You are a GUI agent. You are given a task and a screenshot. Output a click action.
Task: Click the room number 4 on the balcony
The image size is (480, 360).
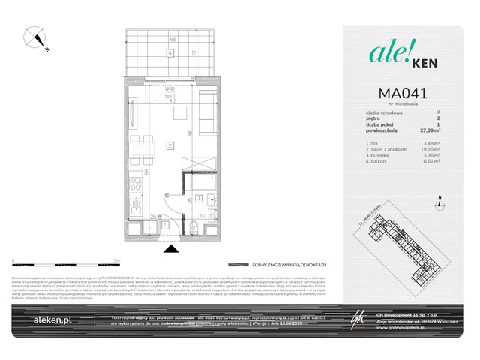click(x=170, y=52)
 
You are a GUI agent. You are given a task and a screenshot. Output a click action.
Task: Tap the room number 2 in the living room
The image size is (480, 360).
click(x=170, y=145)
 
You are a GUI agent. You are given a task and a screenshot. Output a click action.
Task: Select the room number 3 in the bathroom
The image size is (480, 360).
click(x=200, y=199)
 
